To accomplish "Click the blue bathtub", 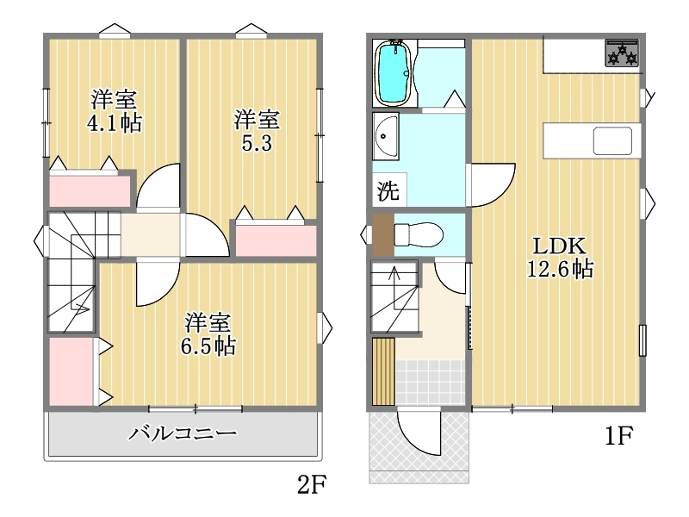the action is pyautogui.click(x=394, y=72).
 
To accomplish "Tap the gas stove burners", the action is pyautogui.click(x=622, y=53).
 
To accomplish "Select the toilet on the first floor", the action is pyautogui.click(x=418, y=234).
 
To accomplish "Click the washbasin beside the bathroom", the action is pyautogui.click(x=386, y=136).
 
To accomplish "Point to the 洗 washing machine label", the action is pyautogui.click(x=388, y=190).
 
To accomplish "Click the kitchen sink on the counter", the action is pyautogui.click(x=612, y=140).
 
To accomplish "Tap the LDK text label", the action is pyautogui.click(x=559, y=246).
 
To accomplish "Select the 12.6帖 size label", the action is pyautogui.click(x=561, y=269).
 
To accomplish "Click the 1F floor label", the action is pyautogui.click(x=618, y=436).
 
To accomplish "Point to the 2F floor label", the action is pyautogui.click(x=312, y=485).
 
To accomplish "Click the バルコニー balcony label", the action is pyautogui.click(x=183, y=433).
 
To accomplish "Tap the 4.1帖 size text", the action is pyautogui.click(x=115, y=122).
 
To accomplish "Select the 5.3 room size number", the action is pyautogui.click(x=257, y=143).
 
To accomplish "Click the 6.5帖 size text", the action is pyautogui.click(x=208, y=346).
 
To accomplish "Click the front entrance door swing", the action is pyautogui.click(x=419, y=431).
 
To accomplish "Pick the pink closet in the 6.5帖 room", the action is pyautogui.click(x=71, y=371).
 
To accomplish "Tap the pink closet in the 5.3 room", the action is pyautogui.click(x=276, y=240).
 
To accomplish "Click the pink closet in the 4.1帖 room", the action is pyautogui.click(x=90, y=190).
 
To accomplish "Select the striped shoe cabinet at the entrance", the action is pyautogui.click(x=383, y=371).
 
